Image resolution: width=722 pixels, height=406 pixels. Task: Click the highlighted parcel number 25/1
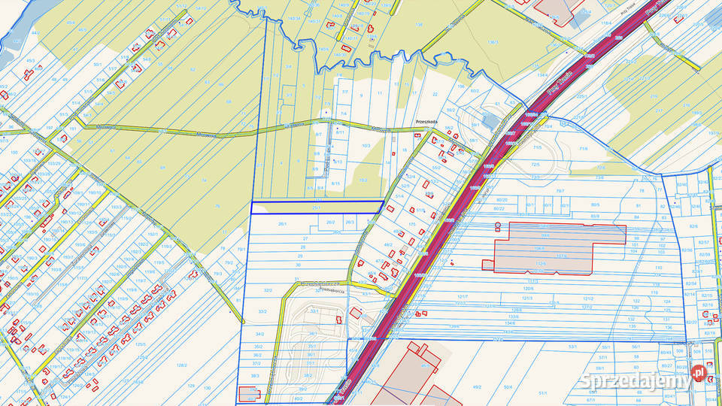316,208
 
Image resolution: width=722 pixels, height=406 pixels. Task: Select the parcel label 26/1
283,223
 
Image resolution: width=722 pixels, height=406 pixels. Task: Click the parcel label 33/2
262,311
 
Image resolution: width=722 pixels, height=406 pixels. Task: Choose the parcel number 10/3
366,145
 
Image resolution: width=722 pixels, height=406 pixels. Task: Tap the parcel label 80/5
595,205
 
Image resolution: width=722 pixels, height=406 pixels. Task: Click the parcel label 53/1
572,347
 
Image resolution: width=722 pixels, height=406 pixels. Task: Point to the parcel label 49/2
476,386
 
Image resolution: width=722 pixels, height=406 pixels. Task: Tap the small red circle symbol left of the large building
497,225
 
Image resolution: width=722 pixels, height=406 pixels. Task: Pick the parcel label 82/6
693,226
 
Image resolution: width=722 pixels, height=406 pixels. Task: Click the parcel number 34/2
259,334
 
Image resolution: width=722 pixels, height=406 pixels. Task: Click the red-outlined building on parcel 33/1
355,314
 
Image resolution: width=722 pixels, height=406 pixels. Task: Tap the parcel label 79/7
560,191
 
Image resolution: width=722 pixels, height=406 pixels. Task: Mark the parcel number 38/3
255,375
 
